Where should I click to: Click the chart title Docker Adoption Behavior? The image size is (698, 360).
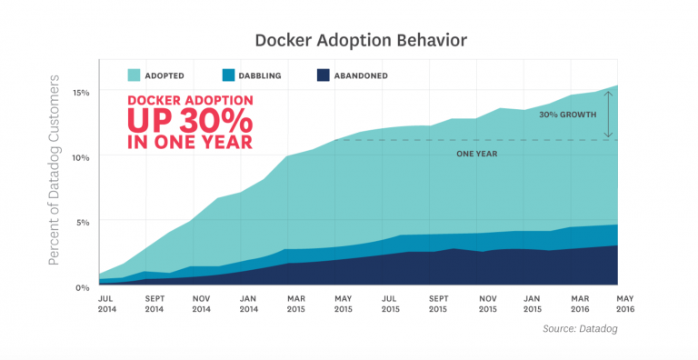click(349, 40)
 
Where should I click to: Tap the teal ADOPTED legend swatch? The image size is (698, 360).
click(135, 75)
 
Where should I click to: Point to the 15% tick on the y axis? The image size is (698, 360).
click(83, 92)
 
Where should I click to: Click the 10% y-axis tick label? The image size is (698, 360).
click(83, 156)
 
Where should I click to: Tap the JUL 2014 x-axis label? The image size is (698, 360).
click(107, 303)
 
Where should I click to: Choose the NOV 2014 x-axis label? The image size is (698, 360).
click(202, 303)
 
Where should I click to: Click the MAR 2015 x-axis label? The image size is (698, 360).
click(295, 303)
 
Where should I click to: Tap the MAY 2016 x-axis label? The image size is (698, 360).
click(626, 303)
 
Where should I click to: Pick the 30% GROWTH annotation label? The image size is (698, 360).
click(567, 115)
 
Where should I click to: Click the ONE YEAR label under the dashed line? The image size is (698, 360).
click(476, 154)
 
